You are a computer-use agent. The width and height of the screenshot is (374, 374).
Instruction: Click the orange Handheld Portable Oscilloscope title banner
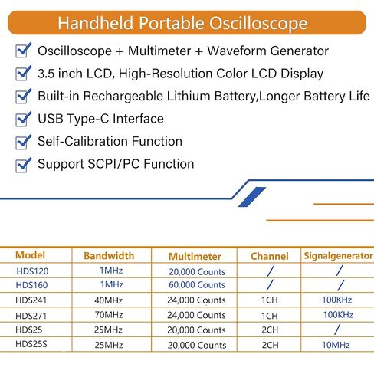click(187, 23)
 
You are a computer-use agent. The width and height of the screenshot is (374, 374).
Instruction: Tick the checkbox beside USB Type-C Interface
click(23, 120)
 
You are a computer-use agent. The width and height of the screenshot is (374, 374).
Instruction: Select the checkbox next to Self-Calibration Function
click(23, 142)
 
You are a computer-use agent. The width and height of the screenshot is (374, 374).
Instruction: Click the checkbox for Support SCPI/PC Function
click(23, 165)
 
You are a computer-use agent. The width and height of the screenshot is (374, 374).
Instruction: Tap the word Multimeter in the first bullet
click(159, 51)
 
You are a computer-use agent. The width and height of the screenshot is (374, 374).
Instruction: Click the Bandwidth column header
click(109, 256)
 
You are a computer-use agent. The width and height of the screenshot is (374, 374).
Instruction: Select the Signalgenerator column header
click(338, 256)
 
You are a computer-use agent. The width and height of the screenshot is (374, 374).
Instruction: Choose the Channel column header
click(270, 256)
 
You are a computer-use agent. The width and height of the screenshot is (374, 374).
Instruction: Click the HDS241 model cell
click(31, 300)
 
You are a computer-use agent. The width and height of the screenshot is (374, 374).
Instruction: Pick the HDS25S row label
click(31, 344)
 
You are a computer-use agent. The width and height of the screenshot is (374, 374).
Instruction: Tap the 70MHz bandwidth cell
click(109, 315)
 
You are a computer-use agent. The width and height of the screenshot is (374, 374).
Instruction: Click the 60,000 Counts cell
click(197, 284)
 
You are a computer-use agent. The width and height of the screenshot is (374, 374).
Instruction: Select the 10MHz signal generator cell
click(336, 345)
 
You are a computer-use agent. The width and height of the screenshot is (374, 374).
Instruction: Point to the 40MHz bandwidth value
click(109, 300)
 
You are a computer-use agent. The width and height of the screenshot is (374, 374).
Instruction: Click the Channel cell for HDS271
click(270, 316)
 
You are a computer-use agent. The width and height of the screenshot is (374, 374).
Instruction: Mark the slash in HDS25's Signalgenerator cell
click(337, 330)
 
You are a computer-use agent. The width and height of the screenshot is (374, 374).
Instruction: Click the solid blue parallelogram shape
click(252, 197)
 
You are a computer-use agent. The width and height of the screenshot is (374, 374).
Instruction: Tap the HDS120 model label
click(32, 271)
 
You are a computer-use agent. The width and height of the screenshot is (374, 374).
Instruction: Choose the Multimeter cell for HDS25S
click(197, 345)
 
